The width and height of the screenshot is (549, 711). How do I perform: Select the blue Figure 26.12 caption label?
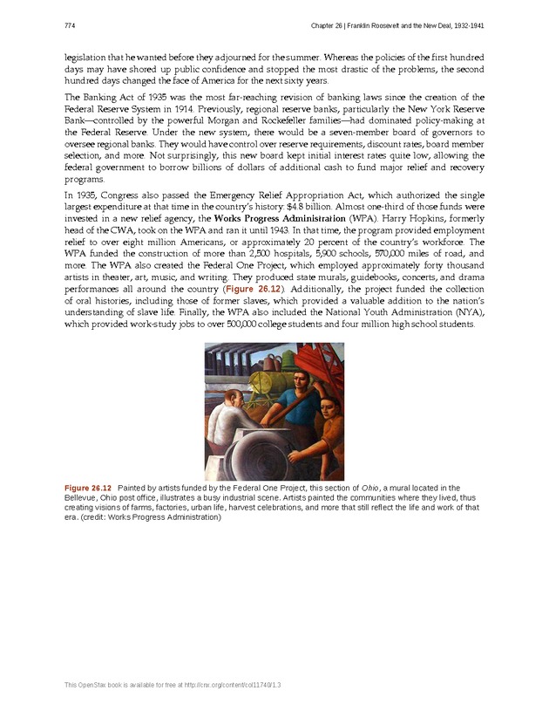coord(88,487)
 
